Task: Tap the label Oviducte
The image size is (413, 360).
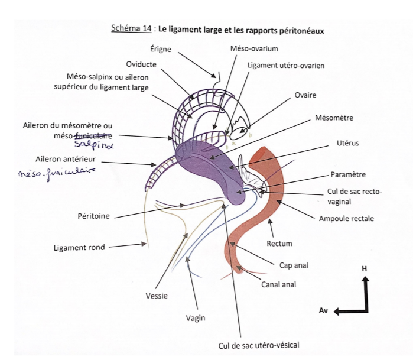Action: point(141,64)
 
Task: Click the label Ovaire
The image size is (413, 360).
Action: point(305,95)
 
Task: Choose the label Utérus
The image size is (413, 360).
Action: point(348,142)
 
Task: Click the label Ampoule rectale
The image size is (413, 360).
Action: point(346,219)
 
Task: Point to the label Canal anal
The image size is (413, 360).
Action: point(278,284)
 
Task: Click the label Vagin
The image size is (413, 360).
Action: point(195,318)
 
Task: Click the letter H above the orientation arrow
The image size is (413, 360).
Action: point(365,268)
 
